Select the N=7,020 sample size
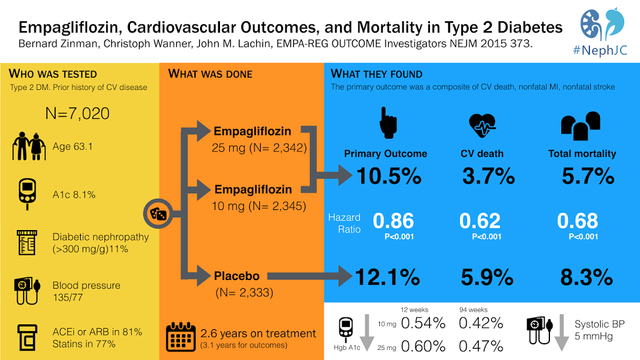[77, 113]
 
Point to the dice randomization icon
[156, 214]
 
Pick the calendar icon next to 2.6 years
[181, 337]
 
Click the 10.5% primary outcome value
[389, 176]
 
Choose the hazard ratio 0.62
[480, 221]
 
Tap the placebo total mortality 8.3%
[586, 276]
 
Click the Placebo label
[237, 276]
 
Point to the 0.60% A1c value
[422, 346]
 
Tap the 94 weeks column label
[472, 309]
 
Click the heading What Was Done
[210, 74]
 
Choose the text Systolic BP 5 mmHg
[599, 331]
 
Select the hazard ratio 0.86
[393, 221]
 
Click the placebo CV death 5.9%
[487, 276]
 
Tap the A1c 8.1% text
[74, 194]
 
